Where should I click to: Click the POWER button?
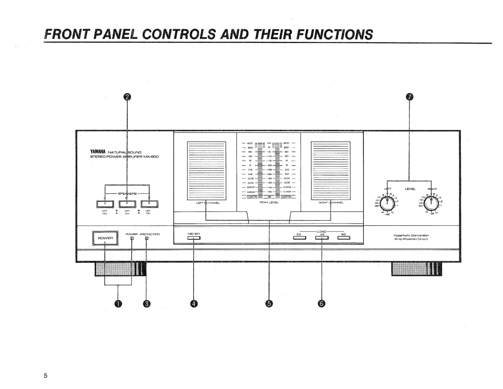tap(105, 238)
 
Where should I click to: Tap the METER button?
tap(194, 238)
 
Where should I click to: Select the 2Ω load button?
tap(299, 238)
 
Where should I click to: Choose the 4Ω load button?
tap(322, 238)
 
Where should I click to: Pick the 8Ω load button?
tap(344, 238)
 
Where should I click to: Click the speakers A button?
tap(105, 204)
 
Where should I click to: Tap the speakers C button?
tap(149, 204)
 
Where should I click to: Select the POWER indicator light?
tap(132, 238)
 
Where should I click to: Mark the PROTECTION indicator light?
tap(146, 238)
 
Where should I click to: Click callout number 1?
tap(118, 304)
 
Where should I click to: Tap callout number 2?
tap(127, 97)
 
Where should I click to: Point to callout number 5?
tap(269, 304)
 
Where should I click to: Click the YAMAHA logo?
tap(98, 152)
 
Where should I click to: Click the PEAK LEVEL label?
tap(269, 202)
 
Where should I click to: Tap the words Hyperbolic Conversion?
tap(411, 235)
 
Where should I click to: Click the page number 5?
tap(45, 376)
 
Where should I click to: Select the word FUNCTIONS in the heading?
tap(334, 34)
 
